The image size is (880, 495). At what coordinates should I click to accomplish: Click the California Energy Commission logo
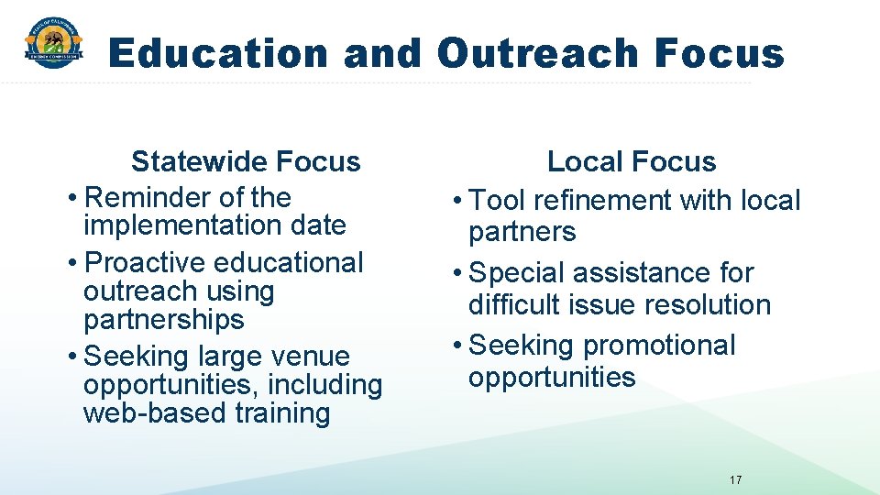(x=53, y=42)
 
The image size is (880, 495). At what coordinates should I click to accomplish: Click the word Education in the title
(x=218, y=53)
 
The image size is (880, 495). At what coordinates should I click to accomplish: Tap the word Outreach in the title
(x=538, y=53)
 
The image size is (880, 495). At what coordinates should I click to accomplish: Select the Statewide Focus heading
(x=246, y=162)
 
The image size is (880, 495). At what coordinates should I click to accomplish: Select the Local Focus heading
(x=631, y=162)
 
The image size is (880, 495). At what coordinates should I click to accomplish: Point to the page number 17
(x=735, y=479)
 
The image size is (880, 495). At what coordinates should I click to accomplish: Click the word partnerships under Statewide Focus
(x=164, y=319)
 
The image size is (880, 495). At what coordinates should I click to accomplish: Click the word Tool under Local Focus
(x=496, y=200)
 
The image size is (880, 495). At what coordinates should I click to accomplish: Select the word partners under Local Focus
(x=522, y=231)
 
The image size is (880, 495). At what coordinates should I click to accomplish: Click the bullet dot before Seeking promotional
(x=457, y=346)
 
